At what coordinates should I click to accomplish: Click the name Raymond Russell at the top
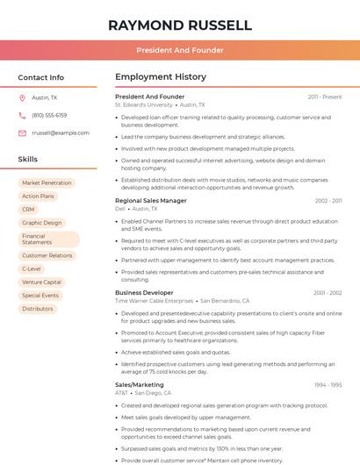click(179, 25)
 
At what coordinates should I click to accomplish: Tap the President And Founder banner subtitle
click(179, 50)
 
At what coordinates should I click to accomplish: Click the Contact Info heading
click(40, 77)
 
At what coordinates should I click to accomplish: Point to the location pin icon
click(22, 97)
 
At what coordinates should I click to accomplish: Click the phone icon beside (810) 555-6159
click(22, 115)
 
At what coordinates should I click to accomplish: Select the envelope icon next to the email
click(22, 132)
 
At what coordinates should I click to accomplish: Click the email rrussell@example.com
click(60, 132)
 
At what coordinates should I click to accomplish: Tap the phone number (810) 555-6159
click(49, 115)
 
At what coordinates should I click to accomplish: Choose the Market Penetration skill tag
click(47, 182)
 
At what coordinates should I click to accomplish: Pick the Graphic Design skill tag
click(41, 223)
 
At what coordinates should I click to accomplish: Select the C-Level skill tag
click(32, 268)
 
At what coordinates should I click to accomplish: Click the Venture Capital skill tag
click(41, 282)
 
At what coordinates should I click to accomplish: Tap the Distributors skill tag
click(38, 309)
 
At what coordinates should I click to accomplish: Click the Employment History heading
click(160, 77)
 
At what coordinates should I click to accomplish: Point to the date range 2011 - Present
click(324, 97)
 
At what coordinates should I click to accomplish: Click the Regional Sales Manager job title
click(150, 201)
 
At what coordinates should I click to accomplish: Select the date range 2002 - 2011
click(328, 201)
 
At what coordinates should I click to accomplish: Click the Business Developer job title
click(144, 292)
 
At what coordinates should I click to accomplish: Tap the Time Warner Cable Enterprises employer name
click(154, 301)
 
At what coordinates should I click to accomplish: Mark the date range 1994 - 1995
click(328, 384)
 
